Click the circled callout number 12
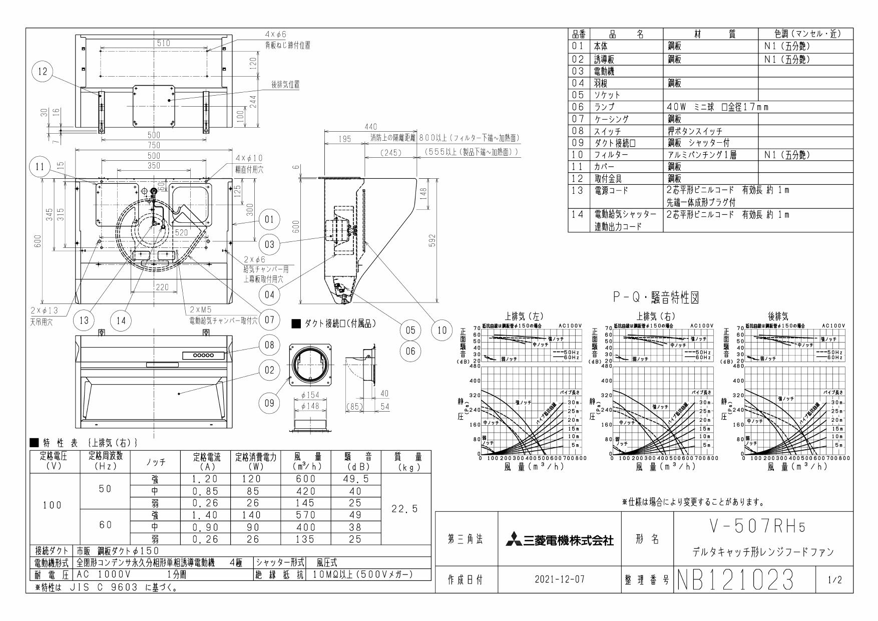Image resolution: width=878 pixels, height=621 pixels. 42,72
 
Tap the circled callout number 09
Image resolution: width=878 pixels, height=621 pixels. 270,404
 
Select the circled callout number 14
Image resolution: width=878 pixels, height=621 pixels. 121,321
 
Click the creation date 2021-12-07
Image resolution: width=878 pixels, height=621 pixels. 559,580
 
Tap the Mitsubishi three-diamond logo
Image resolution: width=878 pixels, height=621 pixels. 514,540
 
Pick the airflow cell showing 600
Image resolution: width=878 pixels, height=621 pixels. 305,479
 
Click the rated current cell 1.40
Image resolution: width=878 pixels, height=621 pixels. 205,515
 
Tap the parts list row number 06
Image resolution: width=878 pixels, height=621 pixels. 579,107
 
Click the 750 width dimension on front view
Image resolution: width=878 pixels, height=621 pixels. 154,145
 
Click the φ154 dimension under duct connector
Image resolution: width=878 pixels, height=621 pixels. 310,396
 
